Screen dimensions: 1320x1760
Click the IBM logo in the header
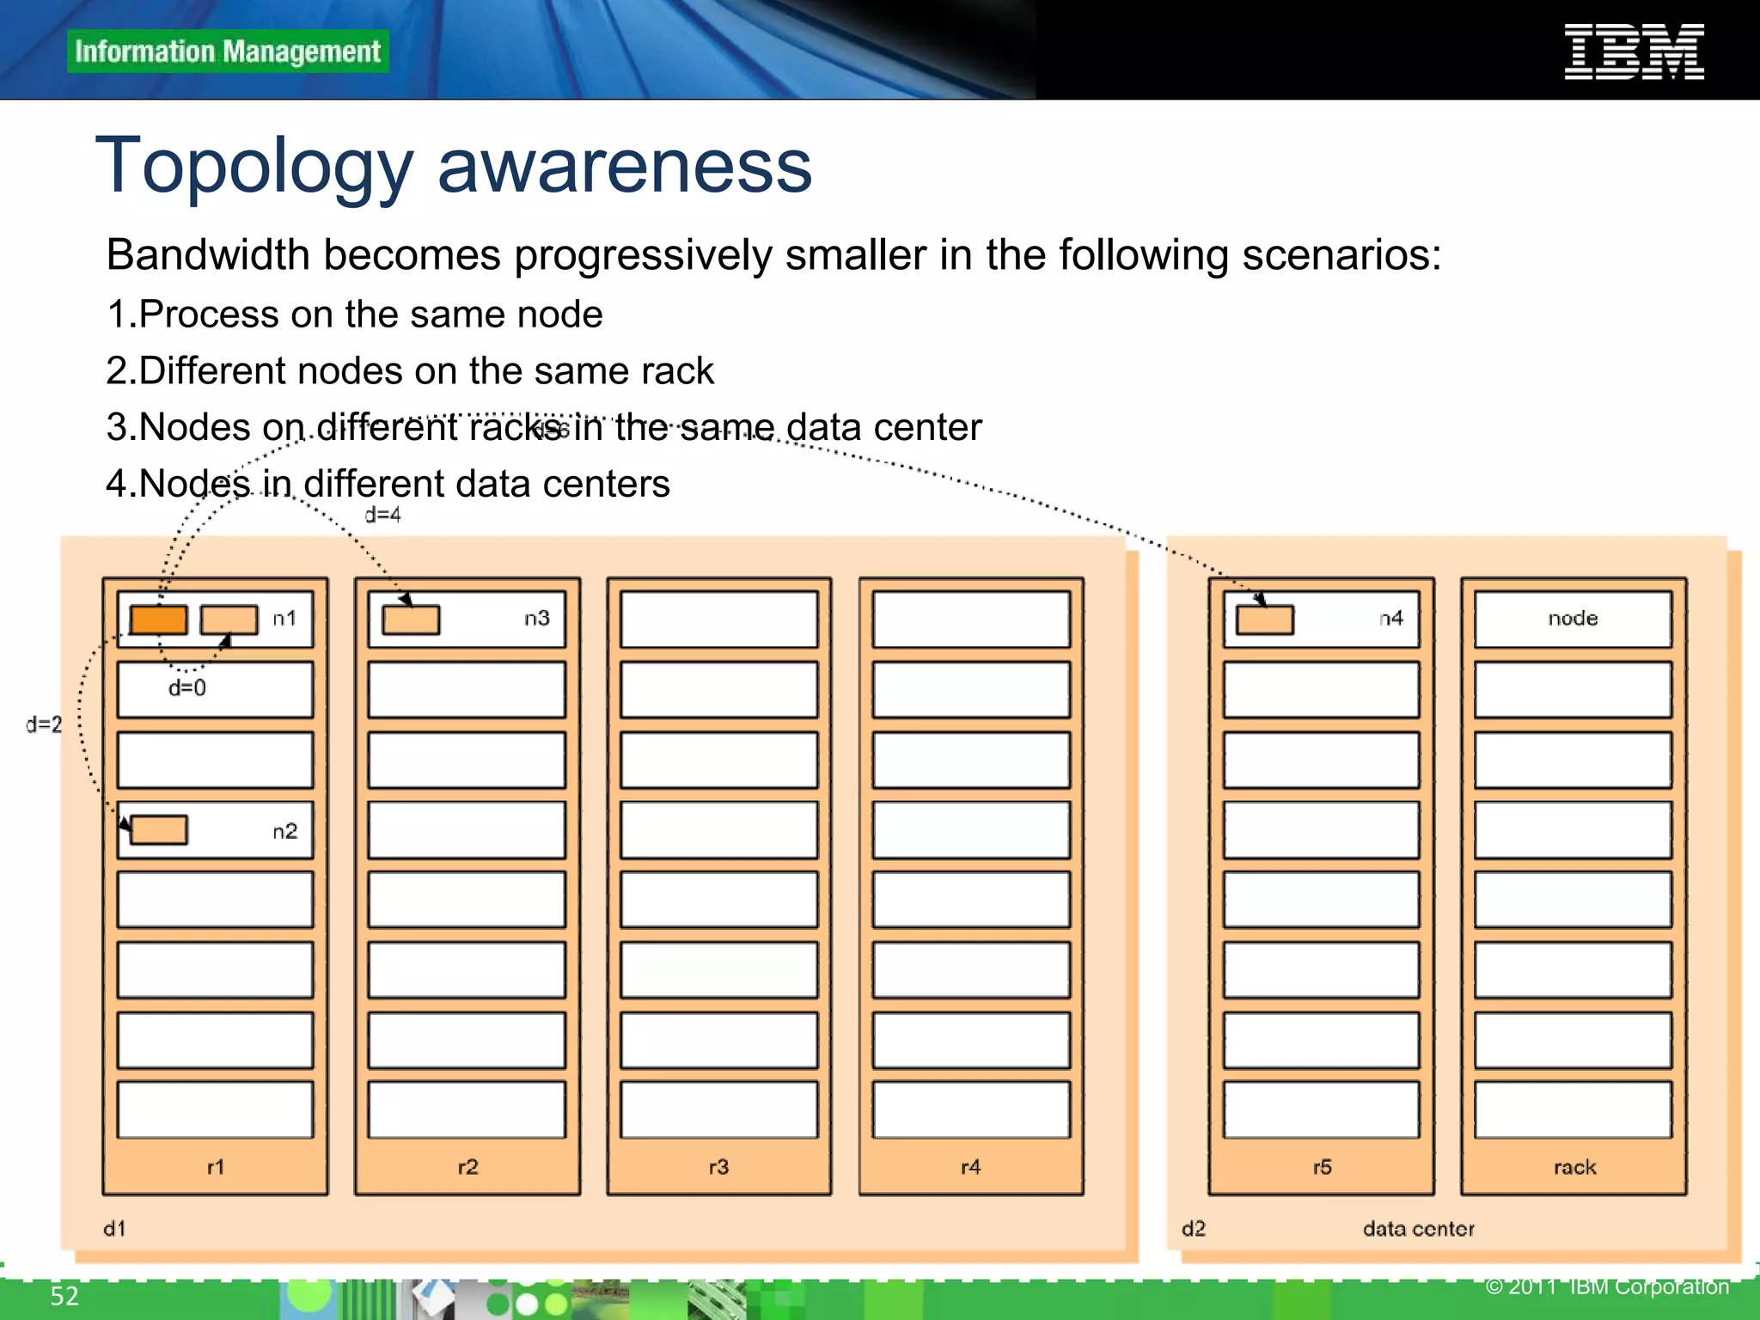coord(1634,52)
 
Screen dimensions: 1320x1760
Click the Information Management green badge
coord(228,52)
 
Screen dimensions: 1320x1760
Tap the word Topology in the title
coord(254,167)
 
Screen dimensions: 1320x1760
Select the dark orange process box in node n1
coord(159,620)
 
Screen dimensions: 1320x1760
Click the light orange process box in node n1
coord(229,620)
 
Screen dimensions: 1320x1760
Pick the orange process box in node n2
coord(159,830)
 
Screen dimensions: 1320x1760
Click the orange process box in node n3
coord(411,620)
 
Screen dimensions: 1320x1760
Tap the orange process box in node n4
coord(1264,620)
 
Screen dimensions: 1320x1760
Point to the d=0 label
coord(187,687)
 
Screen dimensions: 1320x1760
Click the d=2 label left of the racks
coord(44,724)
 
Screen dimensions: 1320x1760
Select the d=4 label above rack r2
coord(382,515)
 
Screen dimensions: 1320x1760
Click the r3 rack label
coord(718,1167)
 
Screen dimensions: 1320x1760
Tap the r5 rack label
coord(1322,1167)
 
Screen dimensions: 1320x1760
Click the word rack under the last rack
coord(1574,1167)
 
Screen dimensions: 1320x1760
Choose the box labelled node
coord(1573,619)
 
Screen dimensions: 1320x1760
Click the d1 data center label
coord(114,1229)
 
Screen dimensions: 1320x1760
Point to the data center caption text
coord(1418,1229)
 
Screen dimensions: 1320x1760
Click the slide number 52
coord(64,1296)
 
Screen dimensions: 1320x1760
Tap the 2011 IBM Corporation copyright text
coord(1607,1286)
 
